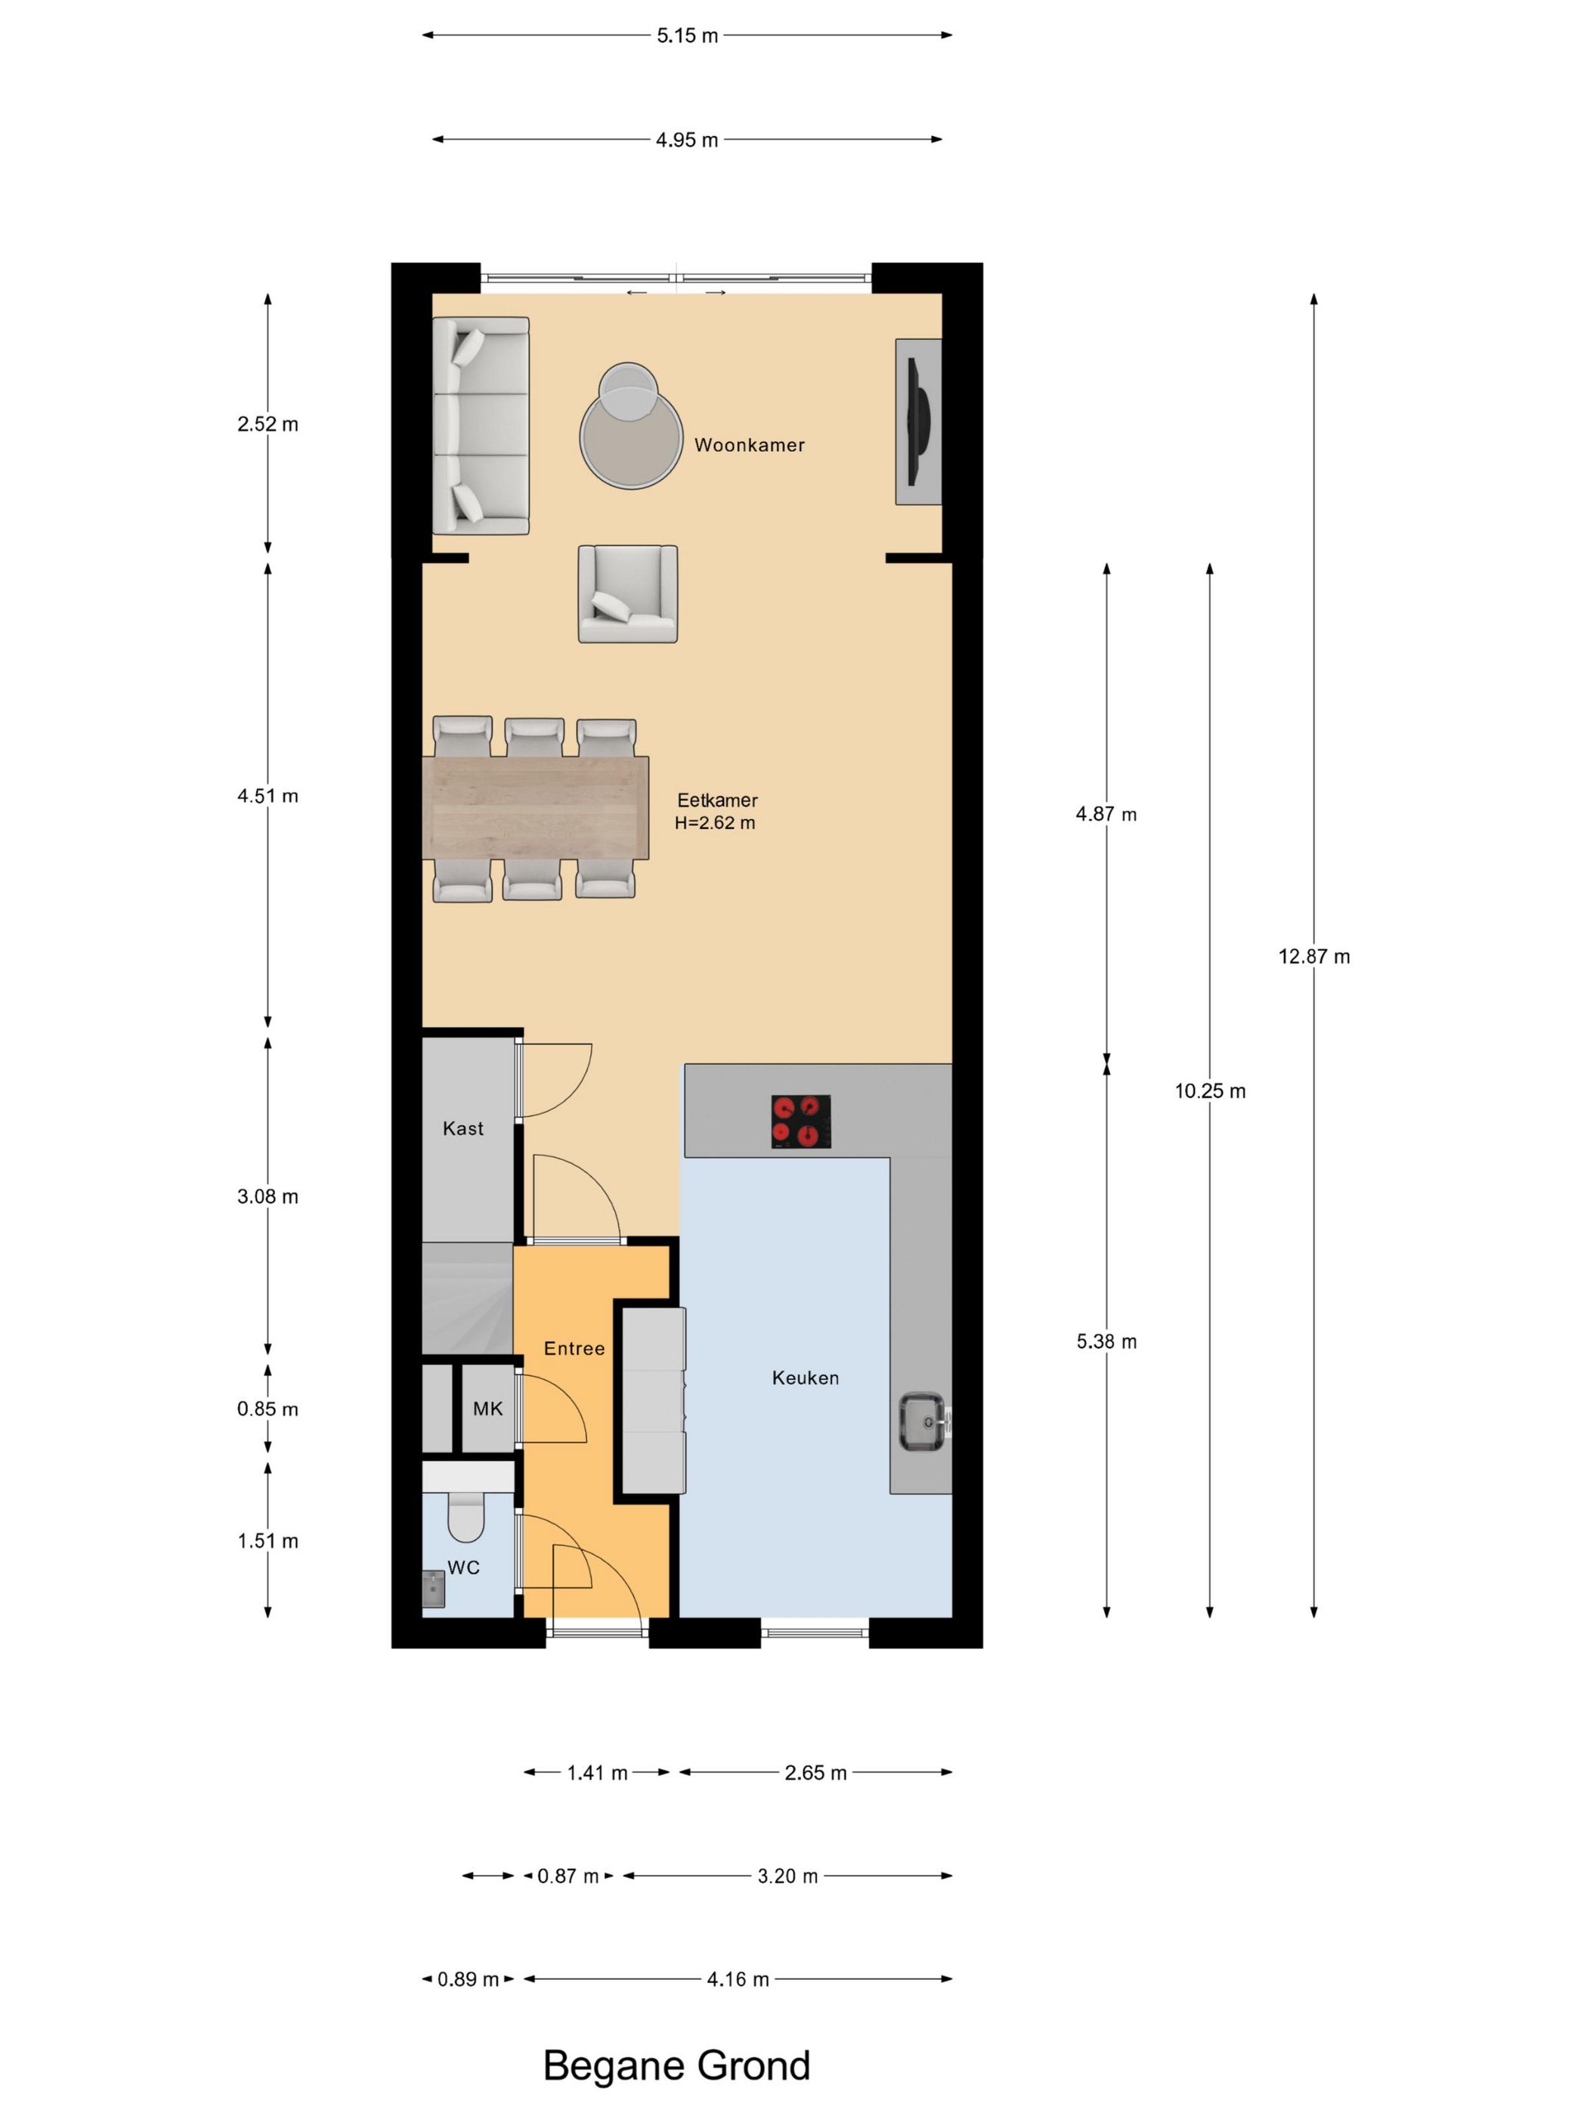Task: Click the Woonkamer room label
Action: point(749,445)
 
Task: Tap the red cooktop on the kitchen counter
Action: point(800,1121)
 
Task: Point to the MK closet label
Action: point(488,1409)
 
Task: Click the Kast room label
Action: point(463,1129)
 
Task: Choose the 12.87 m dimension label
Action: point(1314,957)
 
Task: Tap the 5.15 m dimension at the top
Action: point(687,36)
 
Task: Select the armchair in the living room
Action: point(627,594)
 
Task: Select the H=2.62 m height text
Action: point(715,823)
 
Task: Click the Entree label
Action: point(574,1349)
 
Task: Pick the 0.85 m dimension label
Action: point(268,1409)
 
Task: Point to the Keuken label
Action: point(806,1378)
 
